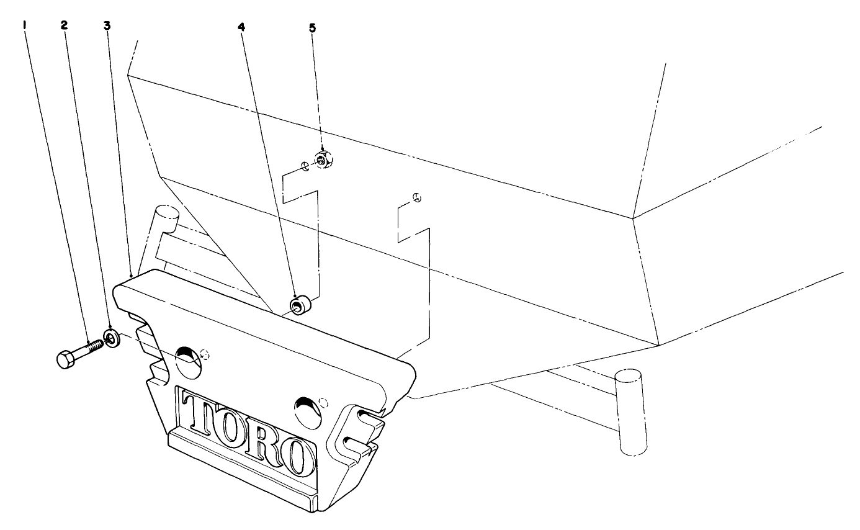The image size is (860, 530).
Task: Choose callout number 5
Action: tap(313, 28)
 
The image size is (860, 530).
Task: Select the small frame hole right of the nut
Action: tap(418, 198)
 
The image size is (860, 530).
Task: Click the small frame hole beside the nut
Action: tap(305, 166)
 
